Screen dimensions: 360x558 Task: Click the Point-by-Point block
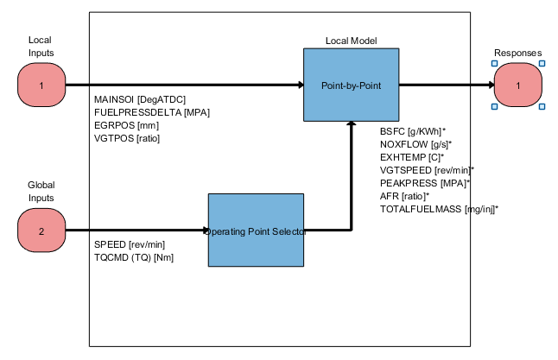[x=351, y=85]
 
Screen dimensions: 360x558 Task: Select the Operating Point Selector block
[x=256, y=231]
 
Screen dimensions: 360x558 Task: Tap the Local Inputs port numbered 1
[x=41, y=85]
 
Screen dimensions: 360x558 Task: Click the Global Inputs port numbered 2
[x=41, y=231]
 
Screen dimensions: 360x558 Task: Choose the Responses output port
[x=518, y=85]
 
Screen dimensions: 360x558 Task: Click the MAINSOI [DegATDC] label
[x=139, y=100]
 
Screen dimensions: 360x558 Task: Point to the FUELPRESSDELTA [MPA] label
[x=152, y=113]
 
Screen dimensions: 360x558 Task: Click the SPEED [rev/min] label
[x=129, y=244]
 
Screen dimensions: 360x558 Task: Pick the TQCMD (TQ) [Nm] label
[x=134, y=257]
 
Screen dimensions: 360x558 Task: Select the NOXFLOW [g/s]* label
[x=415, y=144]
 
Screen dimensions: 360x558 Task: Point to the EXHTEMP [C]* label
[x=412, y=157]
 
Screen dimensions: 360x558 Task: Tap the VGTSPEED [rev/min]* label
[x=427, y=170]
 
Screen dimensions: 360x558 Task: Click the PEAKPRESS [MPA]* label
[x=424, y=183]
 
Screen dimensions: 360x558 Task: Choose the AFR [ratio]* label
[x=404, y=196]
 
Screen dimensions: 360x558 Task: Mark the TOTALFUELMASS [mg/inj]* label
[x=439, y=209]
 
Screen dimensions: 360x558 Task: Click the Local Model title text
[x=351, y=41]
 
